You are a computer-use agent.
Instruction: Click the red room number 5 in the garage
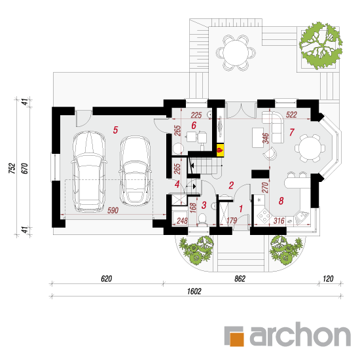tap(115, 130)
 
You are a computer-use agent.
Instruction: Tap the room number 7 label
tap(291, 132)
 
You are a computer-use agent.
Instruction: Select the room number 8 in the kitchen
tap(281, 201)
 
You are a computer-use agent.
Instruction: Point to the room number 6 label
tap(194, 126)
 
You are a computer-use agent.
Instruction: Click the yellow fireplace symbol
tap(220, 150)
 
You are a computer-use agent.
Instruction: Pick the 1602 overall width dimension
tap(194, 291)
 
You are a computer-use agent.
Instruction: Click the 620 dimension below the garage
tap(107, 278)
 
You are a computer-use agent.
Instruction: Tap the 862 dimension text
tap(240, 278)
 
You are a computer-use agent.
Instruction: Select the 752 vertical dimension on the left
tap(12, 168)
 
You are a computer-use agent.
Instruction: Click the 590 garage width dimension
tap(113, 210)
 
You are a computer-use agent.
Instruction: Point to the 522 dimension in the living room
tap(291, 115)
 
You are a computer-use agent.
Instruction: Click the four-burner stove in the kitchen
tap(264, 215)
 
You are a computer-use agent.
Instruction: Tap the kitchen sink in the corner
tap(302, 217)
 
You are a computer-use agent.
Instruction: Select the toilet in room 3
tap(202, 219)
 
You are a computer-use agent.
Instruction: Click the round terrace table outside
tap(236, 52)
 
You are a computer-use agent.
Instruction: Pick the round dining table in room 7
tap(310, 148)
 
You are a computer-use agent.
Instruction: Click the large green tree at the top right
tap(321, 45)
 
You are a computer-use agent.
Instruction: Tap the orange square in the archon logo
tap(236, 338)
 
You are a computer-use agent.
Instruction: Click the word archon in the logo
tap(300, 334)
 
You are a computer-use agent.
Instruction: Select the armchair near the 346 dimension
tap(270, 153)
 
